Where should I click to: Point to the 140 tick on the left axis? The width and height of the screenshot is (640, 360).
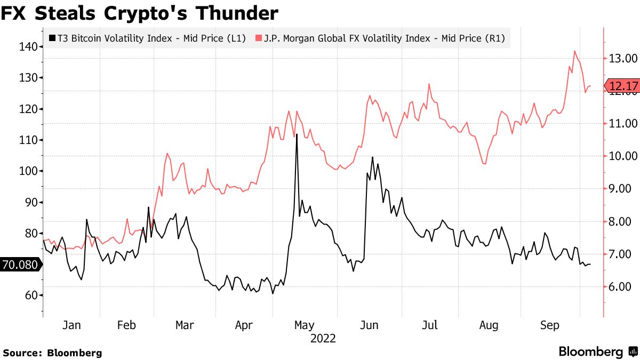click(x=28, y=47)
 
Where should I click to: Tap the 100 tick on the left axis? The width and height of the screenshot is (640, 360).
click(x=28, y=171)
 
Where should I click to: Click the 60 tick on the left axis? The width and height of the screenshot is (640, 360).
click(x=31, y=295)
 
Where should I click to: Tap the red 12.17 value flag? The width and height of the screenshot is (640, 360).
click(x=622, y=86)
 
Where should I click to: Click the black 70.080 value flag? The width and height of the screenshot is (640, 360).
click(x=20, y=265)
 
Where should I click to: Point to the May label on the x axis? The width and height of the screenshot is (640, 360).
click(x=304, y=325)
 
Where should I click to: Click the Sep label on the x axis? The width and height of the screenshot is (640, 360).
click(x=550, y=325)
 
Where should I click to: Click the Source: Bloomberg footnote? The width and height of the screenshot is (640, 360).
click(x=52, y=353)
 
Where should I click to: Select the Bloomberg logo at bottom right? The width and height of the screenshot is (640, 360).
click(x=597, y=351)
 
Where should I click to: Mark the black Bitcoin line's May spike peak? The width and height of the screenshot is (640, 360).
click(x=296, y=135)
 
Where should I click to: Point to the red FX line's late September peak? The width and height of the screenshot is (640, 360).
click(x=575, y=51)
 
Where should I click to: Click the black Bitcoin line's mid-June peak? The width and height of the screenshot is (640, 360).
click(x=372, y=157)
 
